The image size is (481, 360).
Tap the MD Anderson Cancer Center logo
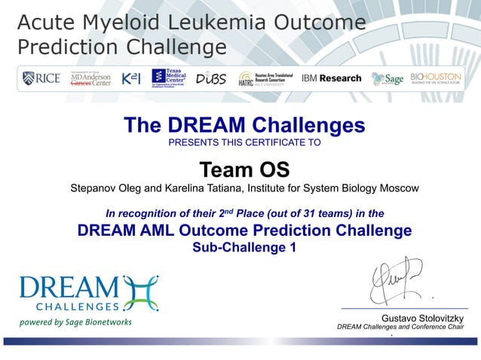click(90, 78)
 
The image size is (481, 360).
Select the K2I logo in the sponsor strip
click(130, 78)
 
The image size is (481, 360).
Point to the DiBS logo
click(210, 78)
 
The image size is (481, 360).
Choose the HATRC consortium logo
click(265, 78)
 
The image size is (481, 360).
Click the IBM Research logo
click(331, 78)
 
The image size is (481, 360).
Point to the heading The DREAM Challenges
click(244, 125)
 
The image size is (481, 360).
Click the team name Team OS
click(244, 169)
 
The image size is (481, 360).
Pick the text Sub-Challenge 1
click(245, 248)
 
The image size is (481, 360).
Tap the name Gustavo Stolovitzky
click(422, 319)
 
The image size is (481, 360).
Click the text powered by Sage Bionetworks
click(76, 322)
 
